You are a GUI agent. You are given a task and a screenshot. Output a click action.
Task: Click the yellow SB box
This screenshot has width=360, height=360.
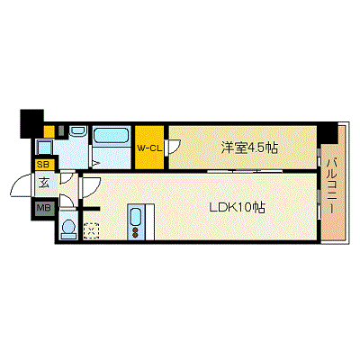pyautogui.click(x=42, y=165)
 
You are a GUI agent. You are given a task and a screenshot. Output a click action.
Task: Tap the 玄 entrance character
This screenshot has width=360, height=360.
pyautogui.click(x=42, y=185)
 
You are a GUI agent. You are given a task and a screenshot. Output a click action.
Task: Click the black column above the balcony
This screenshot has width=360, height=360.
pyautogui.click(x=328, y=130)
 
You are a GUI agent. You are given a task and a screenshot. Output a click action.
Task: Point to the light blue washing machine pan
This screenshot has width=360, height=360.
pyautogui.click(x=45, y=147)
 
